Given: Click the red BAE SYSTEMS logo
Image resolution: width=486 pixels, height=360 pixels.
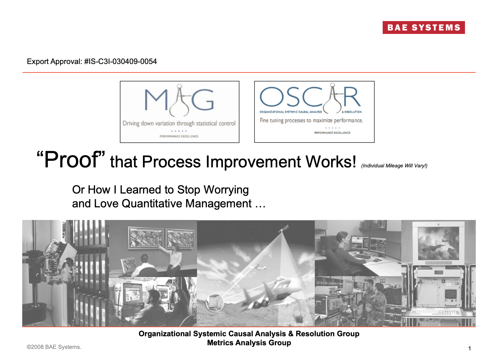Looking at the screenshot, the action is [423, 27].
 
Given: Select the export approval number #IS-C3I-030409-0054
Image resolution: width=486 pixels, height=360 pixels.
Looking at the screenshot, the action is [120, 61].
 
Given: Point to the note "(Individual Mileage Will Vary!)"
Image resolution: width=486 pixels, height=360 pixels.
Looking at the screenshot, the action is [394, 166].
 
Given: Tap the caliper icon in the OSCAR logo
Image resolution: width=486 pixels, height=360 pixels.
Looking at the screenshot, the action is [332, 99].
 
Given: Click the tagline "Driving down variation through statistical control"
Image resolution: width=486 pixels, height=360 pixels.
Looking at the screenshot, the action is [179, 124].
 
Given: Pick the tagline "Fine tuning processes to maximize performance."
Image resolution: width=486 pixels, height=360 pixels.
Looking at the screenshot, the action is [311, 121].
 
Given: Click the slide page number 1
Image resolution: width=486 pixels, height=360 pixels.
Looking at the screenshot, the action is [469, 348].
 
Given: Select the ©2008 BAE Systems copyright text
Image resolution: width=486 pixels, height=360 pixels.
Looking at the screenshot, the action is [54, 347].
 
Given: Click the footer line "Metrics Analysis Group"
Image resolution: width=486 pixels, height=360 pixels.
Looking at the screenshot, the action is [249, 343].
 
